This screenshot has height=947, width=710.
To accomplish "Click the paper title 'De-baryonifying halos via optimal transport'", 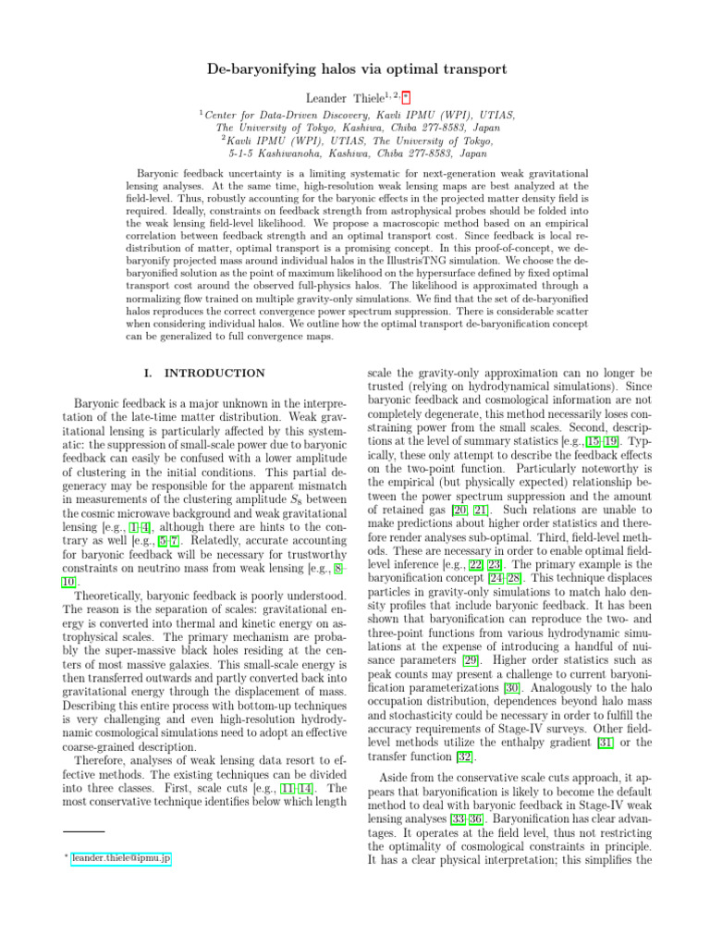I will pyautogui.click(x=355, y=69).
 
